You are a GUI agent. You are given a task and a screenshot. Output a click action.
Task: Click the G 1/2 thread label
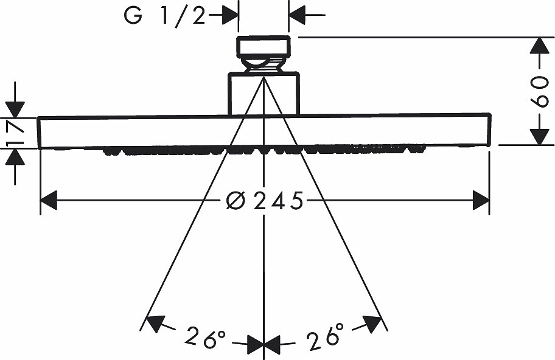coord(164,16)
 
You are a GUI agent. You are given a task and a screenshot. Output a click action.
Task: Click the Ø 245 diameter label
coord(265,201)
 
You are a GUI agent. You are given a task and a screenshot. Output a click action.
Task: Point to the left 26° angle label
coord(205,337)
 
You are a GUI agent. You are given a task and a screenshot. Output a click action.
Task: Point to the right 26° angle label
coord(325,336)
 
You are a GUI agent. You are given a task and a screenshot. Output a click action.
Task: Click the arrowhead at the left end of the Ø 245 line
coord(49,200)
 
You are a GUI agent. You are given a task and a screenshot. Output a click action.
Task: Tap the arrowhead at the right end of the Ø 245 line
coord(481,200)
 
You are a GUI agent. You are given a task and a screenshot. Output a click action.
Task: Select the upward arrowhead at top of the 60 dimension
coord(539,46)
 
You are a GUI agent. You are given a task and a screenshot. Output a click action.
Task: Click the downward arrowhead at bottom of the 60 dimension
coord(539,137)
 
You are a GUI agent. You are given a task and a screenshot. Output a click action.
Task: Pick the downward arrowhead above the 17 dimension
coord(15,109)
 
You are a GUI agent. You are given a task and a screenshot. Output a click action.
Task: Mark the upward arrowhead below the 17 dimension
coord(15,157)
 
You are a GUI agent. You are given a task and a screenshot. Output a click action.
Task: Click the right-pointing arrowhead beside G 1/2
coord(230,15)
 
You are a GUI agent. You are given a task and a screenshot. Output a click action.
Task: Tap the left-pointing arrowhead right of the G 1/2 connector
coord(298,15)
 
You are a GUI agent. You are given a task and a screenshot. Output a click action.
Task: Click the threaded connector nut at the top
coord(264,46)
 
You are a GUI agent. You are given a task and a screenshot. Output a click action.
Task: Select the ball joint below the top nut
coord(264,64)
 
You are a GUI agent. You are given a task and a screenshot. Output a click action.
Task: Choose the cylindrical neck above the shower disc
coord(264,94)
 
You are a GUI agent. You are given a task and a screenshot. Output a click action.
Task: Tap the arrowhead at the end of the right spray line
coord(373,324)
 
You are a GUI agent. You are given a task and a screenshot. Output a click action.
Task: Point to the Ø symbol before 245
coord(236,201)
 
